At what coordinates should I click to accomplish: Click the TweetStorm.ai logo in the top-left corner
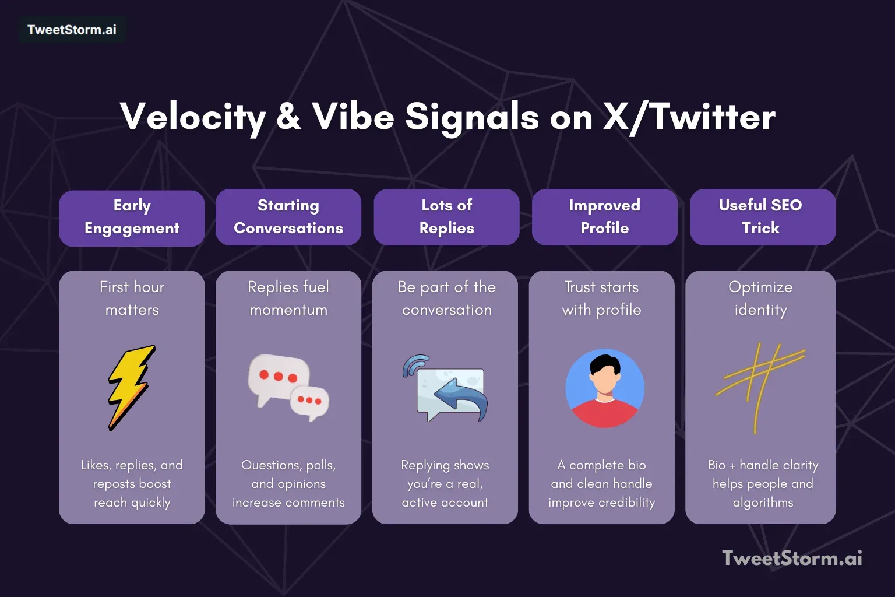72,30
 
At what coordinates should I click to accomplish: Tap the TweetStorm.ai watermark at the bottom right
792,558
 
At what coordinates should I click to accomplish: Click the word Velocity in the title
193,117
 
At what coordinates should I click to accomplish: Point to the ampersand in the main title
288,117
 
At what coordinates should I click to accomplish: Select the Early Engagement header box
132,217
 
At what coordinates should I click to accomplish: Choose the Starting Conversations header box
288,217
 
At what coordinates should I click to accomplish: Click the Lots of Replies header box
446,217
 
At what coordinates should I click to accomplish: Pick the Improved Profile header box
604,217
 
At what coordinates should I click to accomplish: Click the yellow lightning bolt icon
131,387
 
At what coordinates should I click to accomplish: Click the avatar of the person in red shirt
605,388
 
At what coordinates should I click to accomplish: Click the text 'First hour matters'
132,298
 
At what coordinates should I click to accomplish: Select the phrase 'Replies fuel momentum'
288,298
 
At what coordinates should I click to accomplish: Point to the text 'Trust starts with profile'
601,298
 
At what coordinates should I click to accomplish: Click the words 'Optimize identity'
760,298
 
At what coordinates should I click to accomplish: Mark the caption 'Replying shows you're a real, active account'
445,483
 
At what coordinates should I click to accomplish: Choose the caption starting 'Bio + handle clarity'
763,483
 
